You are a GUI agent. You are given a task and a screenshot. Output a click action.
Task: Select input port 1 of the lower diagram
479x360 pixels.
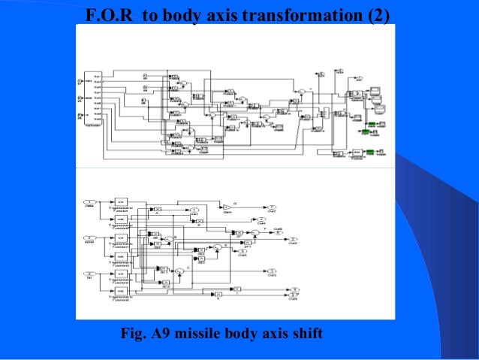[x=89, y=203]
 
